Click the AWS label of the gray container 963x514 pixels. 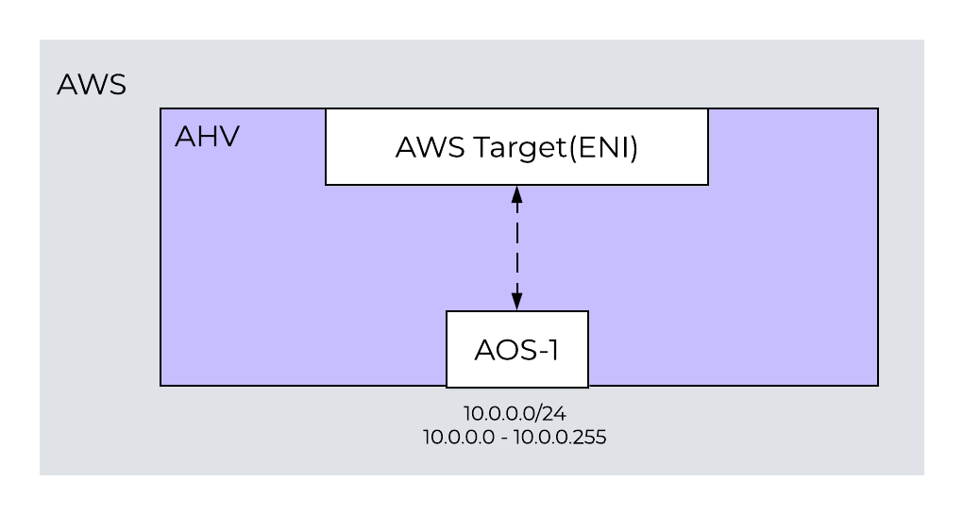point(92,85)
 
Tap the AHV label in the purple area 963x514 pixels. point(207,137)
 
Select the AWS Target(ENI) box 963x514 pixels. point(516,147)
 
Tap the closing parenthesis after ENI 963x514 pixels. point(634,148)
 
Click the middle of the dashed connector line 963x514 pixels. point(516,248)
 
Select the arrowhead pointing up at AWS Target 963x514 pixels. point(516,195)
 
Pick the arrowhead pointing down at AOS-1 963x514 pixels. point(516,301)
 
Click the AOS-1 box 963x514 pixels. point(516,349)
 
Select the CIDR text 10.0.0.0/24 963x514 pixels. point(515,413)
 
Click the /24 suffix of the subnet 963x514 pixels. point(551,413)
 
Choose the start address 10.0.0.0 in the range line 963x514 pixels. point(458,438)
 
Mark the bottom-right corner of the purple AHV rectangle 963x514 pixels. point(878,385)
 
